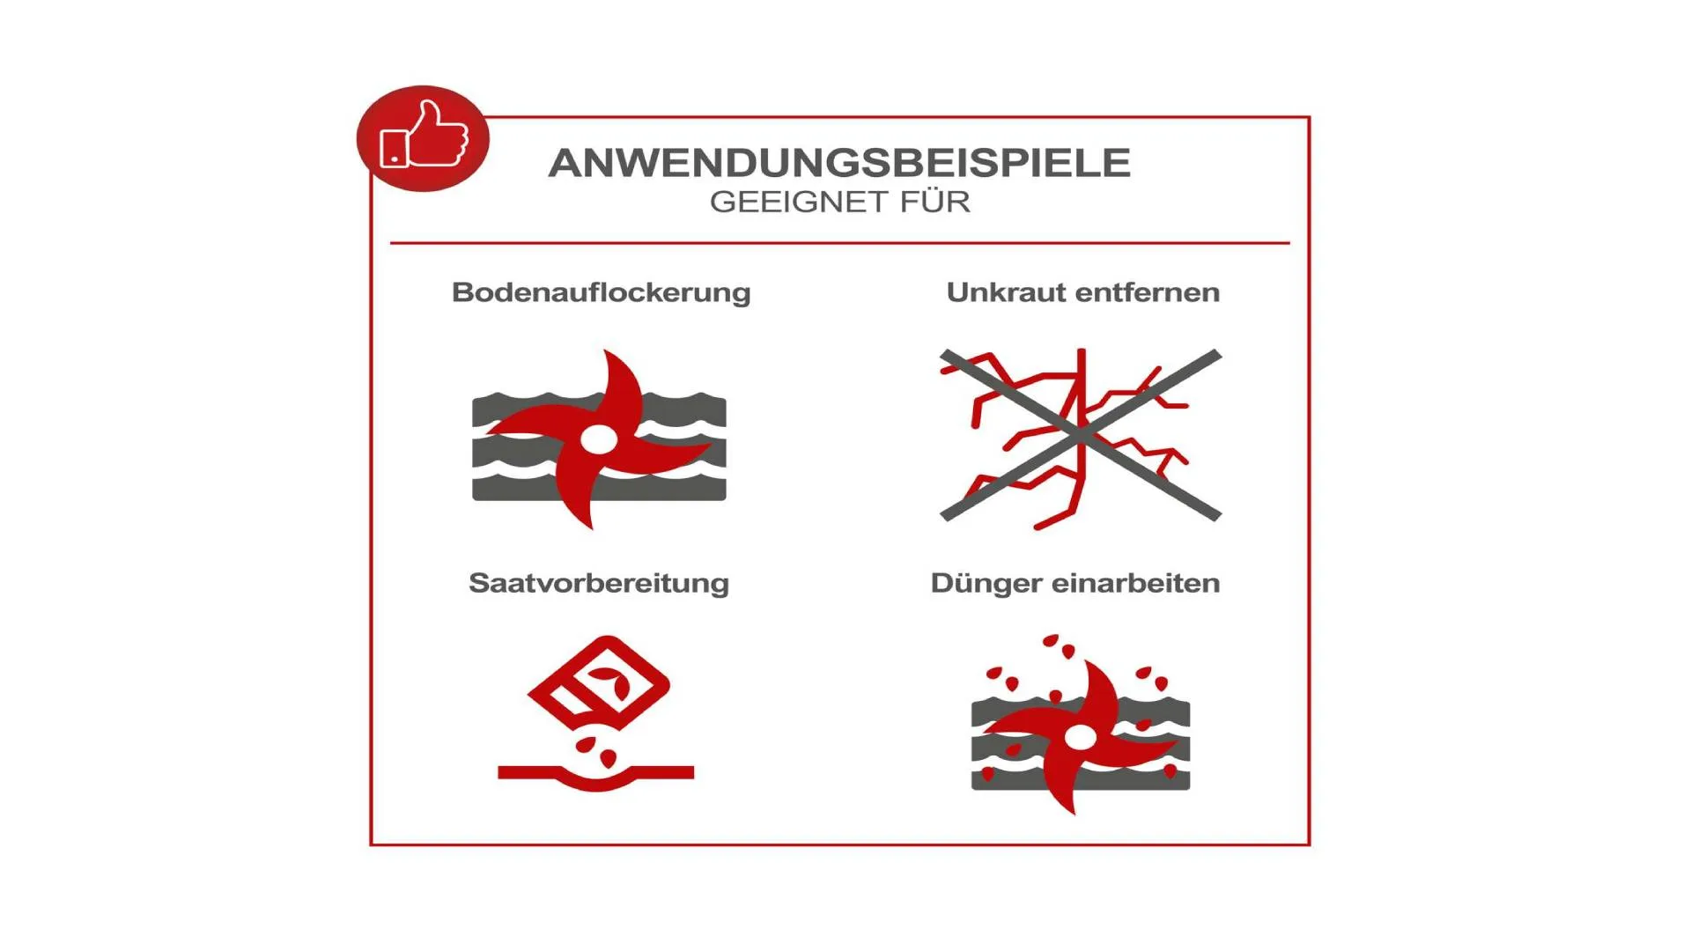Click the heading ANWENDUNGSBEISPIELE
[x=839, y=163]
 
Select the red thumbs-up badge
[x=423, y=138]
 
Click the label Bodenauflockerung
[x=602, y=292]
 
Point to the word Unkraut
[x=1008, y=291]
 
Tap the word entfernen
[x=1148, y=291]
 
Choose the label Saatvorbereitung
[x=599, y=583]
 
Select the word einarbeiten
[x=1136, y=583]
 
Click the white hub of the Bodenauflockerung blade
[x=598, y=439]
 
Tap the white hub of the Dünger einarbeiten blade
[x=1080, y=736]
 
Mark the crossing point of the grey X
[x=1081, y=434]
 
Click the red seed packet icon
[x=599, y=682]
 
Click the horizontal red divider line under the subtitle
[x=840, y=242]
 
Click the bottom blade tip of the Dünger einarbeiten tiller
[x=1074, y=811]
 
